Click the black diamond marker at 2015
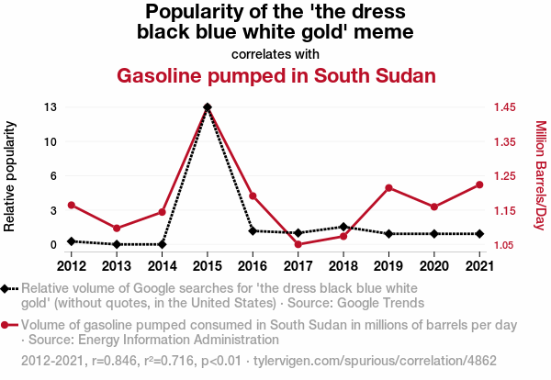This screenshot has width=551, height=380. tap(208, 107)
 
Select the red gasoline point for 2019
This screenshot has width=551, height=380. tap(388, 188)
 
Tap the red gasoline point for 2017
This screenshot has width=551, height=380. tap(298, 244)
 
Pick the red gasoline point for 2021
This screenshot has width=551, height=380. tap(479, 184)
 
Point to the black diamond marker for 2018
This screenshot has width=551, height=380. tap(343, 227)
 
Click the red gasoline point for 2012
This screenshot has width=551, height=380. tap(72, 205)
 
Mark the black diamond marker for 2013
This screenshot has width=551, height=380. tap(117, 244)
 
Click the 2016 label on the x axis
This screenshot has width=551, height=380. tap(253, 266)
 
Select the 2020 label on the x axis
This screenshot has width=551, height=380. tap(433, 266)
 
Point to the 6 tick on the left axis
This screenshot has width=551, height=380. tap(54, 176)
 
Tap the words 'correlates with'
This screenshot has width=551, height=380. tap(275, 54)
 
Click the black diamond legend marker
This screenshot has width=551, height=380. tap(9, 289)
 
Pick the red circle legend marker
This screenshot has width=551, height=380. tap(9, 325)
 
